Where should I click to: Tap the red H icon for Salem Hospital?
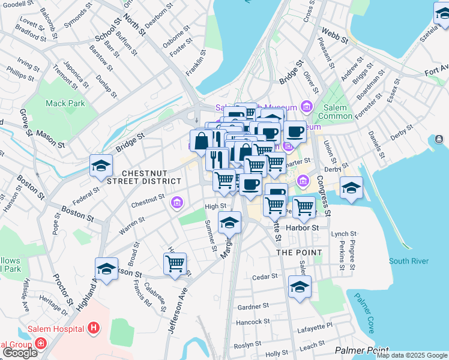tap(93, 328)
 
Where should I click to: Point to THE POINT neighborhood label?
tap(299, 253)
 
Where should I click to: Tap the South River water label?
tap(408, 261)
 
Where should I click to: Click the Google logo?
tap(20, 353)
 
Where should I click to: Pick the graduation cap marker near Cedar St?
tap(300, 287)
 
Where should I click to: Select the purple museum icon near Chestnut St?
tap(176, 203)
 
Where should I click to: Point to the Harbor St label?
tap(310, 228)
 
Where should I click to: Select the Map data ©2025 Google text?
tap(412, 355)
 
